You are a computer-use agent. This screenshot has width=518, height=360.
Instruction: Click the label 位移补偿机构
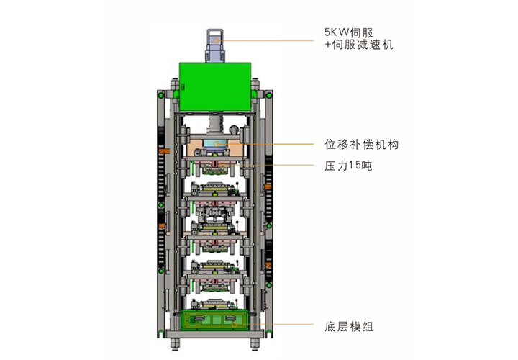[363, 144]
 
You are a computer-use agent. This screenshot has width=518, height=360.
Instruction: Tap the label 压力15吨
[347, 166]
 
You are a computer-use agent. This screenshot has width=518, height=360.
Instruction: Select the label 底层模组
[348, 327]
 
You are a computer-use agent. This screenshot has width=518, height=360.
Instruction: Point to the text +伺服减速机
[359, 45]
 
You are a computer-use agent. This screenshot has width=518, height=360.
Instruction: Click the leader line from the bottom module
[281, 324]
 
